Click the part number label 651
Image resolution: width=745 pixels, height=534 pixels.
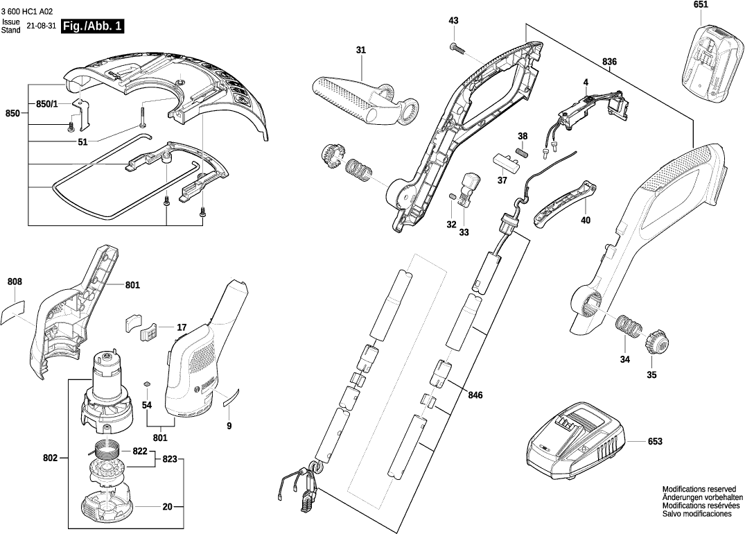(701, 5)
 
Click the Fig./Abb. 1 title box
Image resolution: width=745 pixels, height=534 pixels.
(93, 26)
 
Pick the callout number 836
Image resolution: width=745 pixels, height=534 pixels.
(609, 62)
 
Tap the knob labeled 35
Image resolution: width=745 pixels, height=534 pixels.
(655, 342)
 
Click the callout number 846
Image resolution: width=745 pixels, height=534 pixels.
(475, 395)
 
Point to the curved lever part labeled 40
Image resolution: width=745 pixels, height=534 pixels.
(566, 204)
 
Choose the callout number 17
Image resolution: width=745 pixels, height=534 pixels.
(182, 327)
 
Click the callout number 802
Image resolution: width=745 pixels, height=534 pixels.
(50, 458)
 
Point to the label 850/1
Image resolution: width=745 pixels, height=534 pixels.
(47, 104)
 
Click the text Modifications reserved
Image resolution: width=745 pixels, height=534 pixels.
(701, 489)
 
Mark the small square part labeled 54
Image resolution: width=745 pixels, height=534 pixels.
(147, 384)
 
